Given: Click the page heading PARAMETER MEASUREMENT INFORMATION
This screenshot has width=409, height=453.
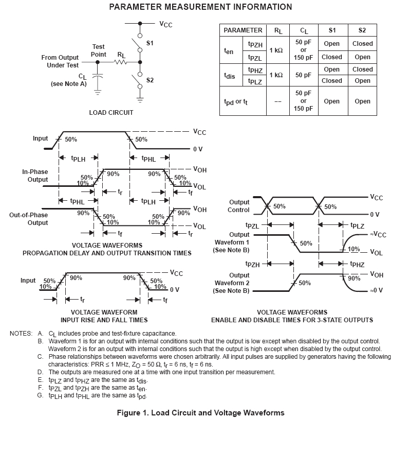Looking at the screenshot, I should pos(200,7).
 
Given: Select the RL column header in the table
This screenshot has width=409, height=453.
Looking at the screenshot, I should pos(278,30).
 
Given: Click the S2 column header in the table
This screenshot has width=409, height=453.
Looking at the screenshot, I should pos(362,30).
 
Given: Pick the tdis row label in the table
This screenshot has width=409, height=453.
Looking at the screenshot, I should pos(229,75).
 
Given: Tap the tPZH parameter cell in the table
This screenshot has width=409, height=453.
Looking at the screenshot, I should pos(255,45).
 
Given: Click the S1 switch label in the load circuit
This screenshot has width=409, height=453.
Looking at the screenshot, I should pos(150,43).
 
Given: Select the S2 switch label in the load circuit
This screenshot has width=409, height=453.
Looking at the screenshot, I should pos(150,80).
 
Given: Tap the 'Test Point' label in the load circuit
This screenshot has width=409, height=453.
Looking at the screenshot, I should pos(99,50).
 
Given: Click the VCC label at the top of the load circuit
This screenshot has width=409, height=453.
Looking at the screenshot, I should pos(166,24).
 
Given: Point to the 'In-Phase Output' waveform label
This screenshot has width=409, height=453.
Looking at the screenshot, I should pos(35,176).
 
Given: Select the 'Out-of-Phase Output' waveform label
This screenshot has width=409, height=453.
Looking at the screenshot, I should pos(29,219).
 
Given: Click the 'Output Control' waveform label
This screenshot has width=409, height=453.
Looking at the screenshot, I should pos(238,206).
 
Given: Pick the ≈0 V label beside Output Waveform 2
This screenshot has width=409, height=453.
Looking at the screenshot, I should pos(376,291).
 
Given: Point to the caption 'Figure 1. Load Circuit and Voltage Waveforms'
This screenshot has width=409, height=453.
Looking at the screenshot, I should pos(200,413).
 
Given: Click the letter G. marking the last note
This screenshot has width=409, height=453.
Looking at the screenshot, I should pos(40,395).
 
